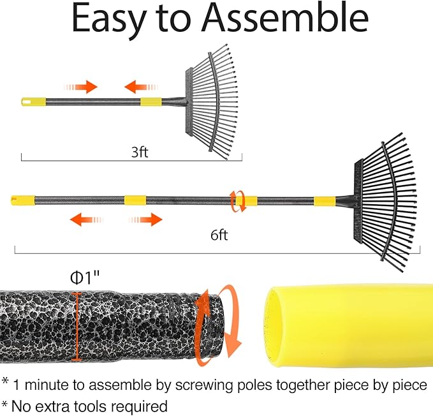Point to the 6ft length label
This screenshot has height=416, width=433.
[x=219, y=235]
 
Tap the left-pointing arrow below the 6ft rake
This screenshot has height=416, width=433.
[x=84, y=220]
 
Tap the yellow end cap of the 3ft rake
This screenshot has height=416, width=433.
[x=34, y=101]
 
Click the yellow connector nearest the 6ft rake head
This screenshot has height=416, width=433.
[x=323, y=200]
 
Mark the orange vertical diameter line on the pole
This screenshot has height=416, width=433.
[x=77, y=325]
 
